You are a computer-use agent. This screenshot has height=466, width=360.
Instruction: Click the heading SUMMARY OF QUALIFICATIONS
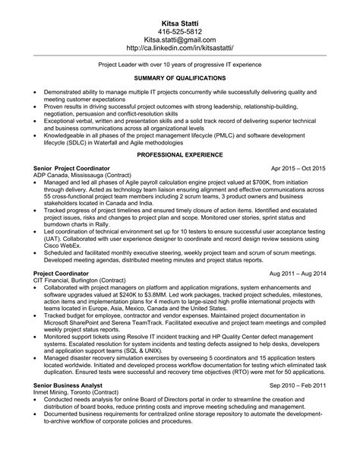tap(180, 78)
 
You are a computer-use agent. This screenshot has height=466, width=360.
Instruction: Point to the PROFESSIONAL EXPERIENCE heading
tap(180, 155)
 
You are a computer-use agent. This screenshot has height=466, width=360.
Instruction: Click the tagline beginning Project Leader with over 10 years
tap(180, 66)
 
